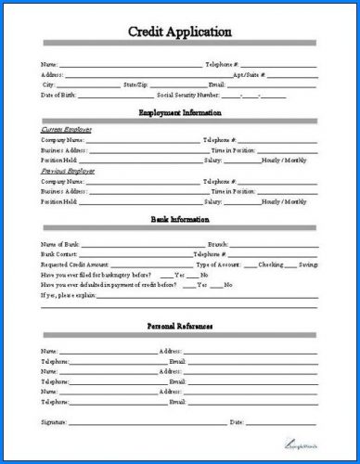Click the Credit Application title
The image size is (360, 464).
(x=180, y=32)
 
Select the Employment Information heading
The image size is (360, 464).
(x=180, y=112)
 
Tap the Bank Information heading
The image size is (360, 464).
(x=180, y=219)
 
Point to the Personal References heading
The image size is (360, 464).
(x=180, y=327)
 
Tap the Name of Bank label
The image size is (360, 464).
(x=60, y=244)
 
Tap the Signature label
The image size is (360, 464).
(x=55, y=422)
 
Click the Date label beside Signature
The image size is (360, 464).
(x=236, y=422)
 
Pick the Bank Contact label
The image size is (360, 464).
(x=60, y=254)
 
